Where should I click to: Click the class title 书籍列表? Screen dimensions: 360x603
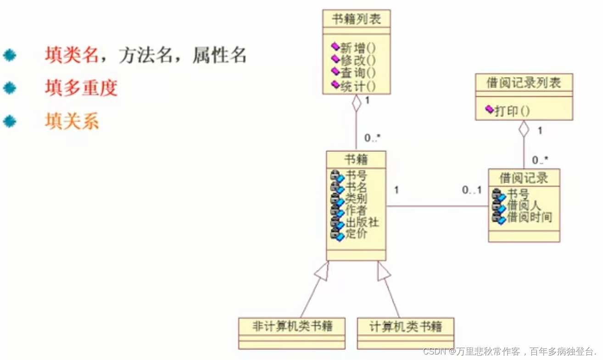click(356, 19)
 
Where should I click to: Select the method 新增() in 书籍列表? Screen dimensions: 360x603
click(358, 47)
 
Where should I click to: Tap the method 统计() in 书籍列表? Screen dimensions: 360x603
click(358, 86)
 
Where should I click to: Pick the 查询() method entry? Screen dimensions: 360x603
click(358, 73)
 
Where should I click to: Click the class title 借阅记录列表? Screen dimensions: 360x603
click(524, 83)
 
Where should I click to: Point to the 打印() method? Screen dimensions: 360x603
click(512, 111)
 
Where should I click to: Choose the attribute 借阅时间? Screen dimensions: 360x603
click(529, 217)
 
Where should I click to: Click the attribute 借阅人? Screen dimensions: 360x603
click(524, 205)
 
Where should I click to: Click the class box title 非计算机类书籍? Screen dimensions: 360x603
click(292, 327)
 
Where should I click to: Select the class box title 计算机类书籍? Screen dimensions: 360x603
click(406, 327)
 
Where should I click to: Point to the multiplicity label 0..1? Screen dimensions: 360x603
click(472, 190)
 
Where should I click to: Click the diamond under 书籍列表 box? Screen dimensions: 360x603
click(357, 102)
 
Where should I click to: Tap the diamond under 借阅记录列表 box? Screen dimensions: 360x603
click(524, 128)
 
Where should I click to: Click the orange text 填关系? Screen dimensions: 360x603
click(72, 122)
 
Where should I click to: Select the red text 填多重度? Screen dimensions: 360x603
click(81, 88)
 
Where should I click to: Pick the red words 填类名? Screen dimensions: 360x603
click(72, 55)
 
